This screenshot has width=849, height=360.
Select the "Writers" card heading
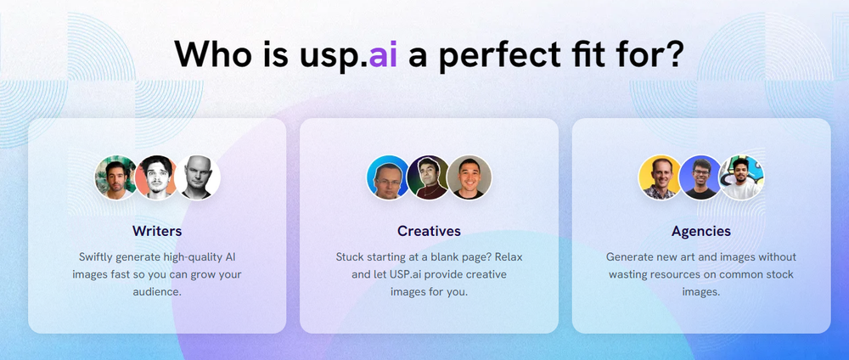pyautogui.click(x=157, y=230)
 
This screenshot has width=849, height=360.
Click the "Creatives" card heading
pyautogui.click(x=429, y=230)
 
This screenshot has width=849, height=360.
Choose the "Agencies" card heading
pyautogui.click(x=700, y=230)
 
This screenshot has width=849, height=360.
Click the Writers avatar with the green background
pyautogui.click(x=116, y=177)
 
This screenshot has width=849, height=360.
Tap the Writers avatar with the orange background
pyautogui.click(x=156, y=177)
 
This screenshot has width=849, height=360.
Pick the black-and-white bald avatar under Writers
pyautogui.click(x=199, y=177)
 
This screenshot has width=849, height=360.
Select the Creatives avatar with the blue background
pyautogui.click(x=388, y=177)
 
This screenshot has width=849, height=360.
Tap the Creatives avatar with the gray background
pyautogui.click(x=469, y=177)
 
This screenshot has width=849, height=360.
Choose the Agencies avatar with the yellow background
pyautogui.click(x=660, y=177)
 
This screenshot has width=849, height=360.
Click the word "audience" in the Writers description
pyautogui.click(x=157, y=290)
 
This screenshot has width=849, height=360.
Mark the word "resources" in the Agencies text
pyautogui.click(x=692, y=273)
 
